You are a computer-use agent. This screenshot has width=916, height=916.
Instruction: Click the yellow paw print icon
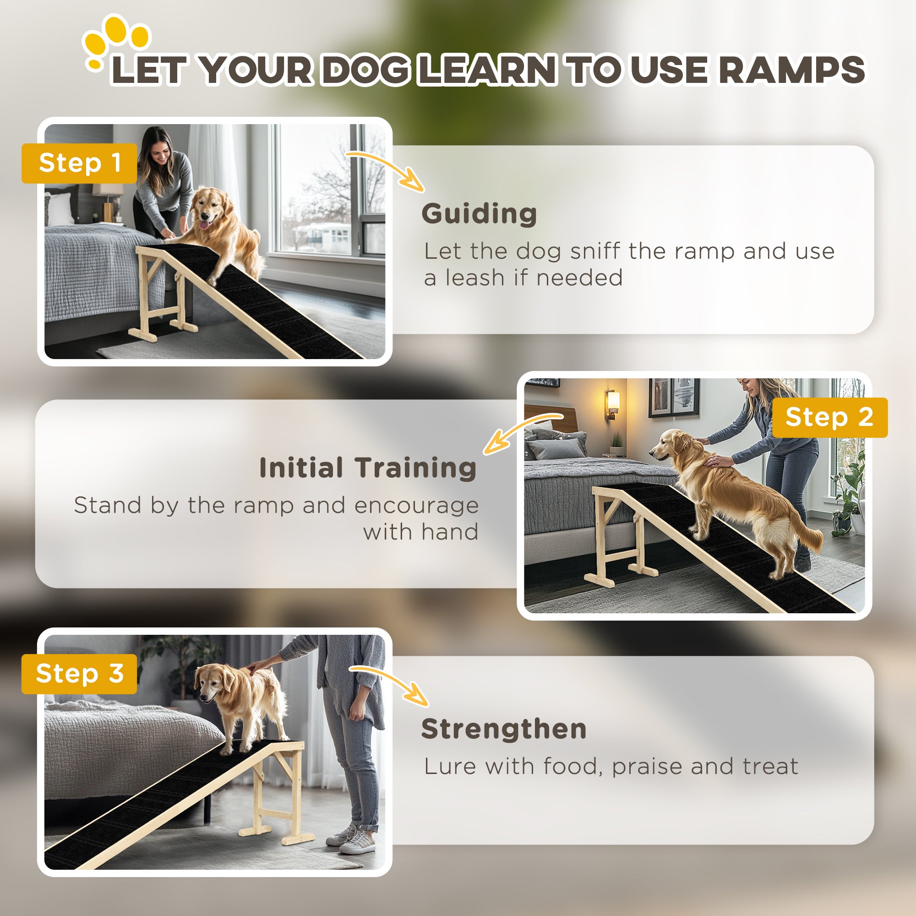click(116, 40)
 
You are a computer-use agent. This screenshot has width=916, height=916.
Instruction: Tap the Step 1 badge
click(79, 163)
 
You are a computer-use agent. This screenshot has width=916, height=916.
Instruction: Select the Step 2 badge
click(829, 417)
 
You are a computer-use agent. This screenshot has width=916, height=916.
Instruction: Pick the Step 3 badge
click(79, 674)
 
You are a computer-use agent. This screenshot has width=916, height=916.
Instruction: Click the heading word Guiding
click(479, 214)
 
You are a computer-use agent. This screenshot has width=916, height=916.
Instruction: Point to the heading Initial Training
click(368, 468)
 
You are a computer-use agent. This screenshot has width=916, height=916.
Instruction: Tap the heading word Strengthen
click(503, 729)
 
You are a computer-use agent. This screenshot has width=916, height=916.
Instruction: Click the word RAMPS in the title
click(791, 70)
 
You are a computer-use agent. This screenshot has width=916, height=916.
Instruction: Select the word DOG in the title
click(366, 70)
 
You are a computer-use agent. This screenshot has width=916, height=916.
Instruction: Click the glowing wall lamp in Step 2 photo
click(613, 403)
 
